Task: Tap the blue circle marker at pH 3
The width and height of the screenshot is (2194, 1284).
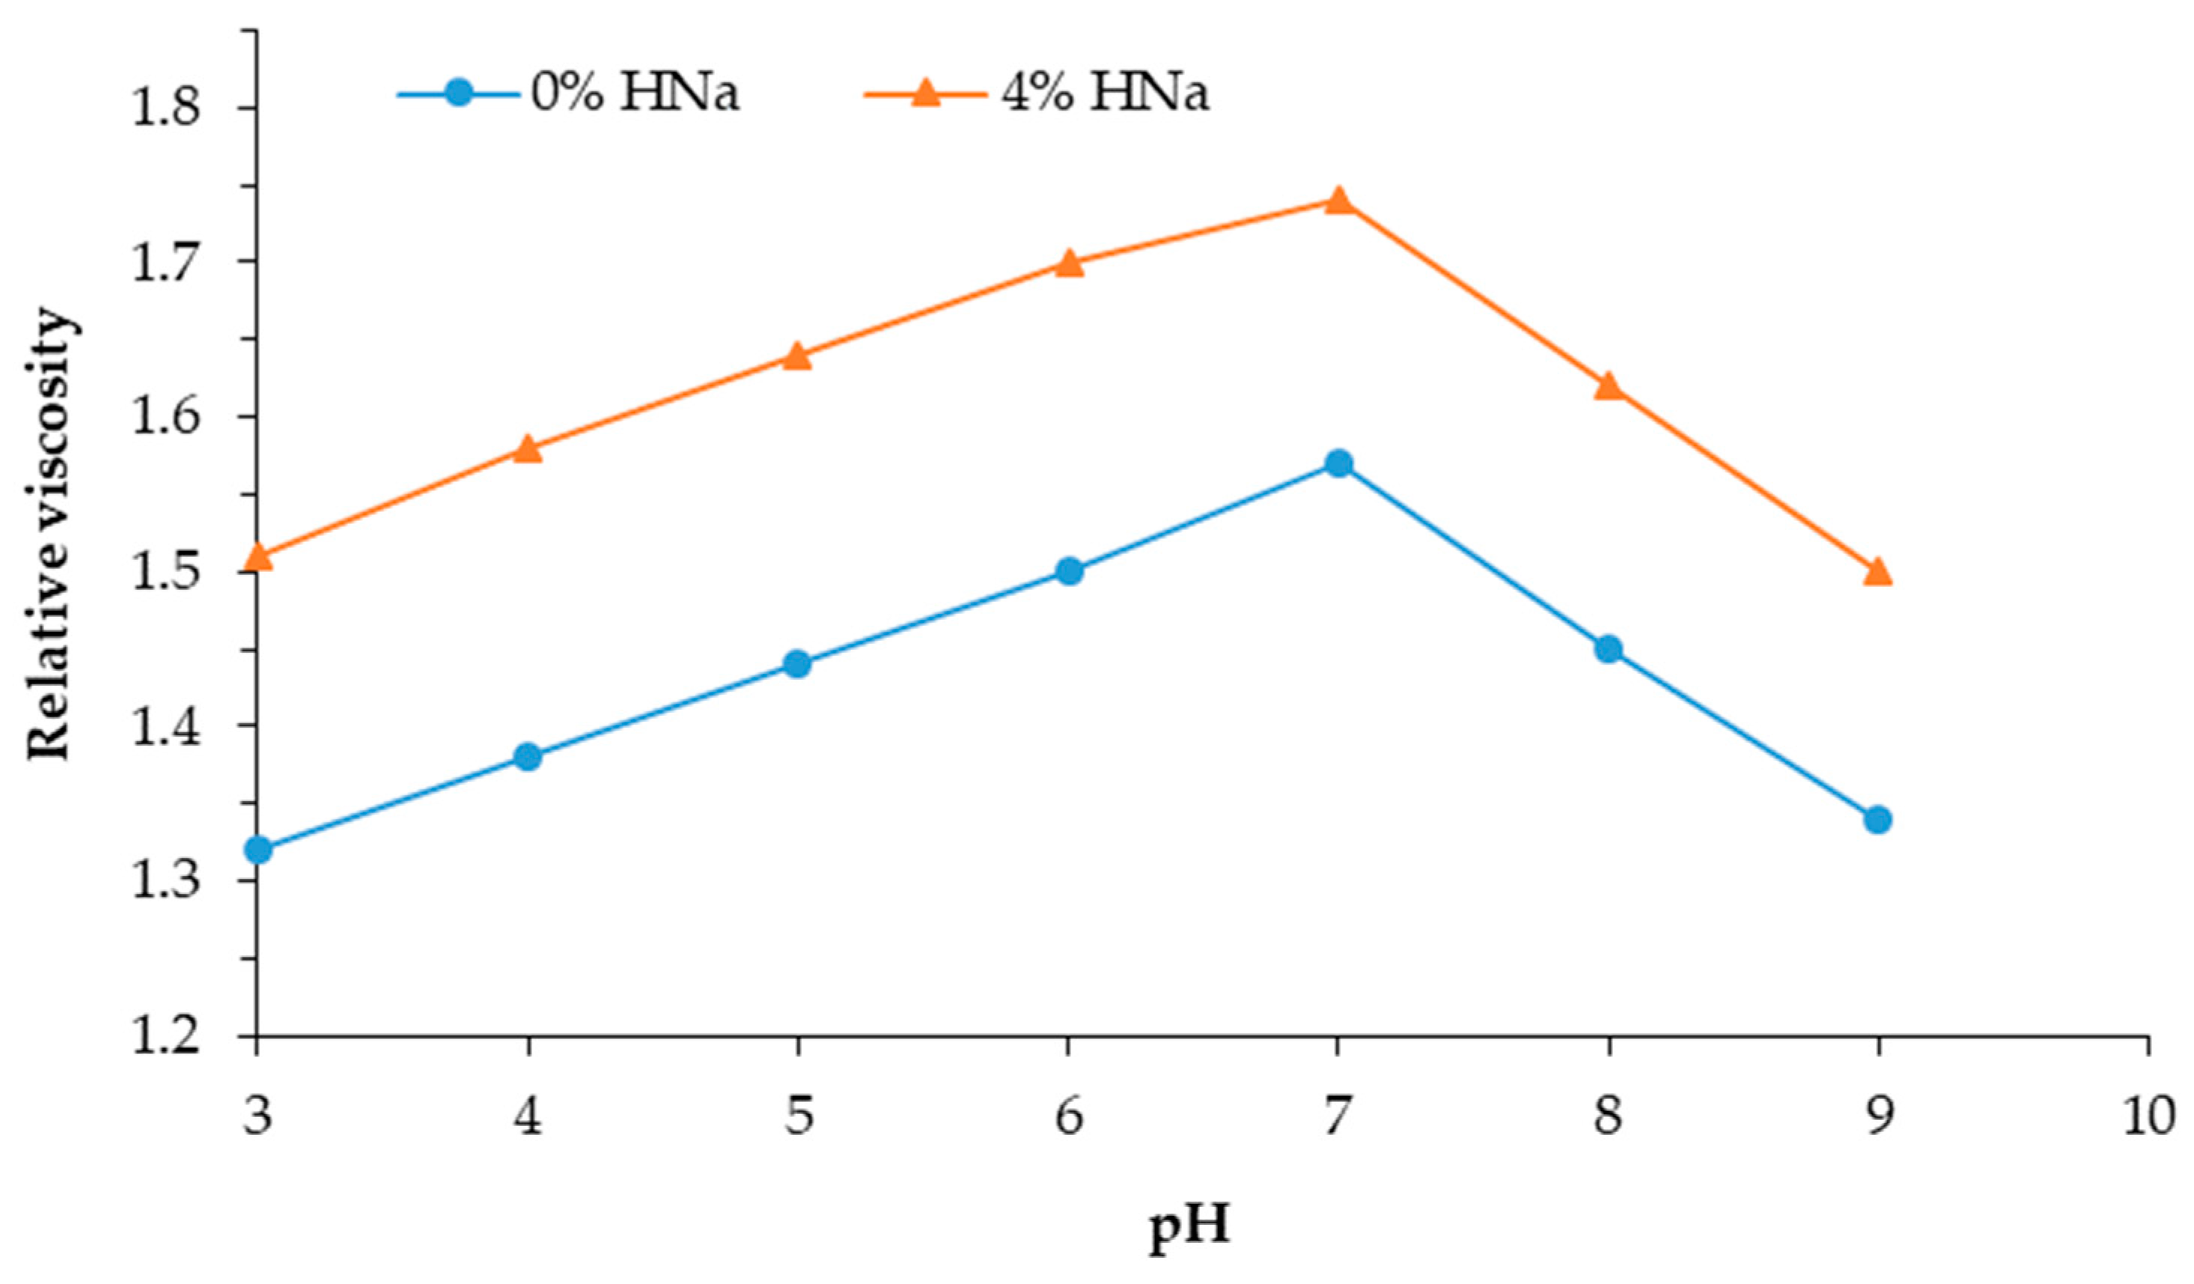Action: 258,849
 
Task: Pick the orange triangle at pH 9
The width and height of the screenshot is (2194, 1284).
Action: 1878,572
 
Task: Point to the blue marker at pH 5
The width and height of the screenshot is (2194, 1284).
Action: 797,664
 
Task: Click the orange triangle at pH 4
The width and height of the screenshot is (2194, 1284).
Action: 528,449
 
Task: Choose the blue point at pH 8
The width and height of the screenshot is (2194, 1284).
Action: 1609,649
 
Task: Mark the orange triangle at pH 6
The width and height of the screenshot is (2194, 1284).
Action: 1069,263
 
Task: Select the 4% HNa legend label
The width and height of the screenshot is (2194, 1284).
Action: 1105,93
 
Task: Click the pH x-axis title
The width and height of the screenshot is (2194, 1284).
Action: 1190,1227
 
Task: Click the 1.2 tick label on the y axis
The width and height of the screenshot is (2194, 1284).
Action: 165,1038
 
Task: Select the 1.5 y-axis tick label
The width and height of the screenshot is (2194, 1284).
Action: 165,572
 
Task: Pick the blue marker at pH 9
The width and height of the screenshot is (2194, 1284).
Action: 1878,819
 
